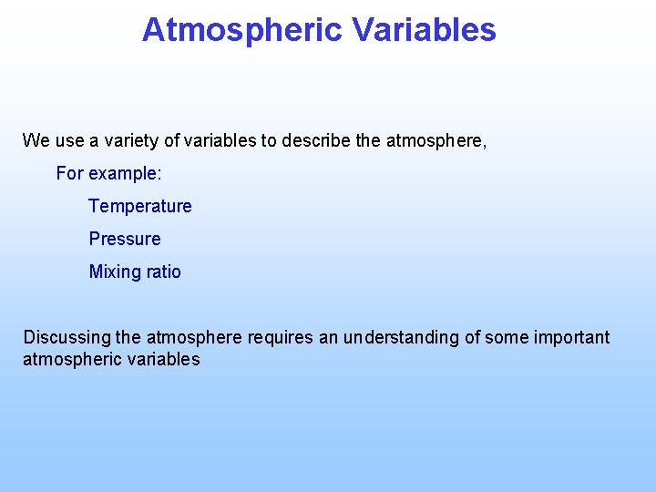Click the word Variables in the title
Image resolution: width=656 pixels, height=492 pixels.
click(x=425, y=30)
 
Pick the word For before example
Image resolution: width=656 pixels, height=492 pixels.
click(x=69, y=173)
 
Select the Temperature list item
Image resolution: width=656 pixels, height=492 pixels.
click(x=140, y=207)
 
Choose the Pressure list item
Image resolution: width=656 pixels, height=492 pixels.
click(x=125, y=239)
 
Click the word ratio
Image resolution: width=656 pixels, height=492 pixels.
click(x=161, y=272)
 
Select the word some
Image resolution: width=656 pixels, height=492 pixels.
click(x=505, y=338)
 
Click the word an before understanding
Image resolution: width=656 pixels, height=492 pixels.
click(x=328, y=338)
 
